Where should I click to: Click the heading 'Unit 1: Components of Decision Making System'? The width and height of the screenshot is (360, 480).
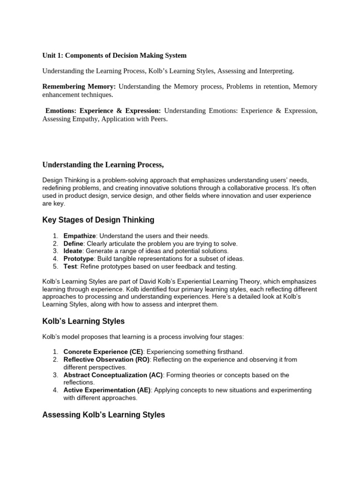point(114,55)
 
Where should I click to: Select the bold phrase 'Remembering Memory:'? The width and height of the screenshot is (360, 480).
point(79,87)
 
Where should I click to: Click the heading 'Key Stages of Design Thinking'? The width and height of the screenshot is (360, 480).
point(98,220)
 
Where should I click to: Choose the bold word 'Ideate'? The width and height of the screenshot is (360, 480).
point(73,251)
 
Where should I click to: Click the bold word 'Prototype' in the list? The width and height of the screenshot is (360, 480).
point(79,259)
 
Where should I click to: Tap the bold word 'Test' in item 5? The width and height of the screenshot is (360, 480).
point(70,266)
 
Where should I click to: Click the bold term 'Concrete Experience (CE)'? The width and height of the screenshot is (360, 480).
point(103,352)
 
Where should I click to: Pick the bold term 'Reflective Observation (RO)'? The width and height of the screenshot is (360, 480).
point(106,360)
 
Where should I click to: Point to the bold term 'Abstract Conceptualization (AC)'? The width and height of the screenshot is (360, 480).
point(113,375)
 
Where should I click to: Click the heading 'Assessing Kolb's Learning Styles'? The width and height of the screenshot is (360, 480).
point(104,415)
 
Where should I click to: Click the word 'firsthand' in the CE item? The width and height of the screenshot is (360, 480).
point(230,352)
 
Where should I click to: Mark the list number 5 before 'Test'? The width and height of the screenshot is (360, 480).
point(55,266)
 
